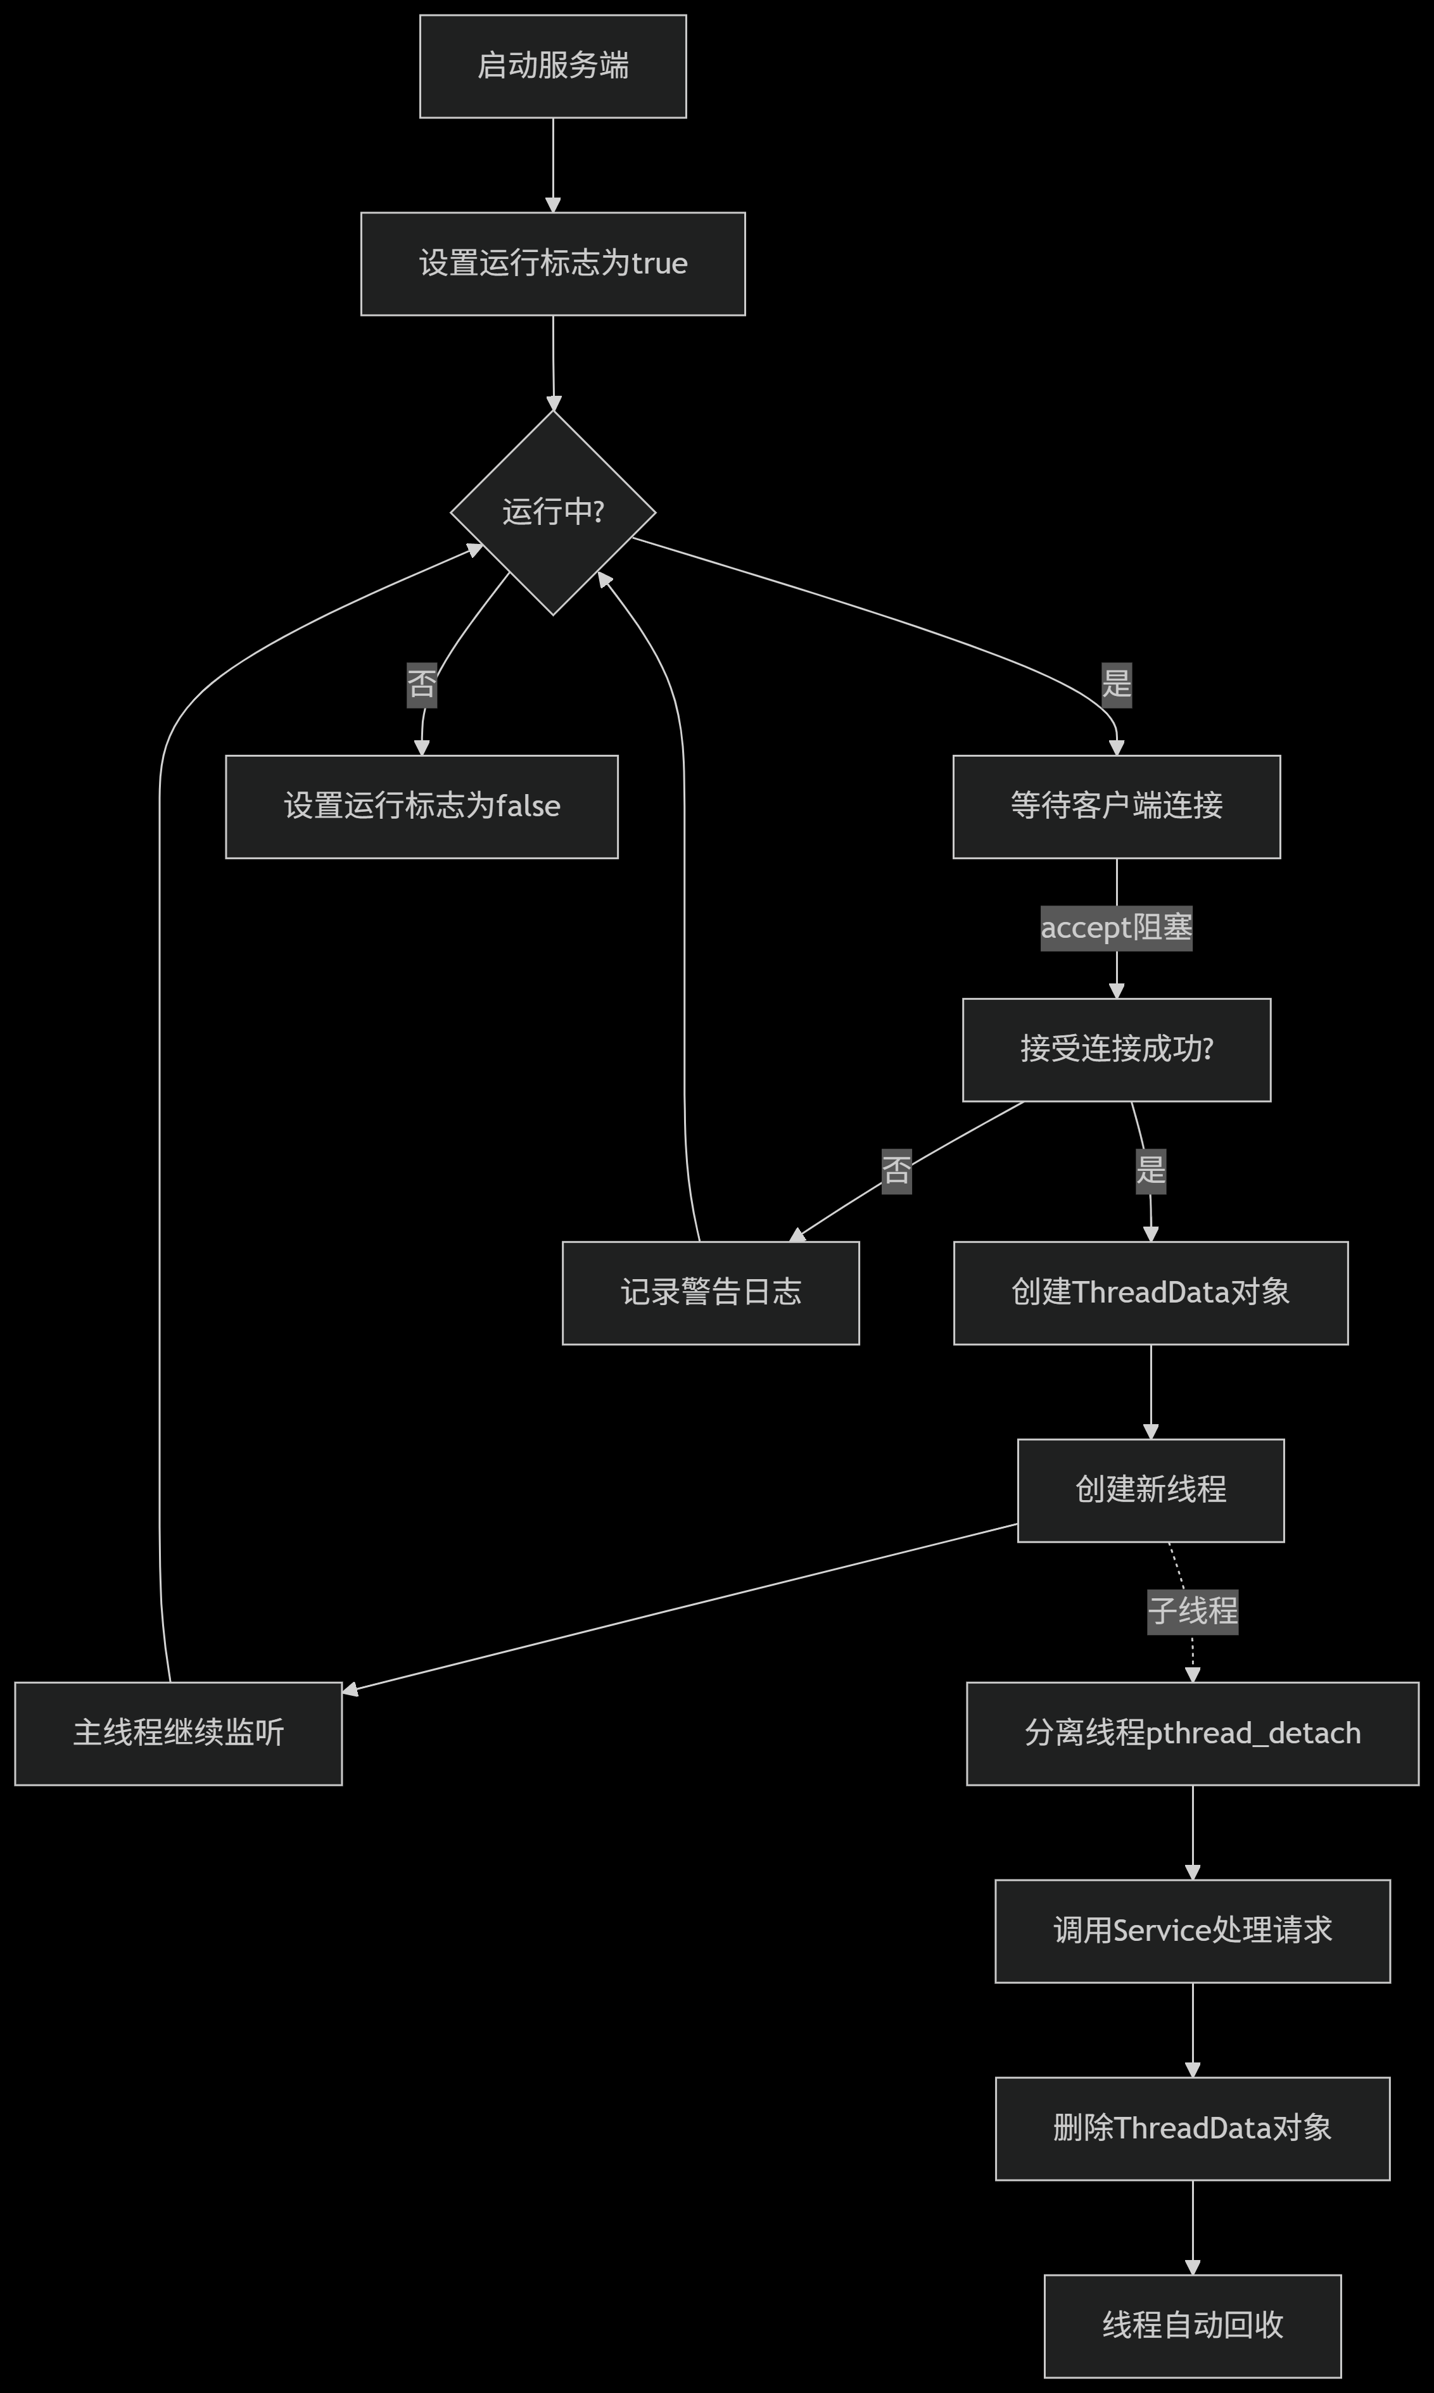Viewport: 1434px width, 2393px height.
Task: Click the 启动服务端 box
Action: (553, 66)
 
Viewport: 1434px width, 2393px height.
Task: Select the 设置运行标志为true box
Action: (553, 263)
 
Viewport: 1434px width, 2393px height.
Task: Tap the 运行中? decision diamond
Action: (553, 512)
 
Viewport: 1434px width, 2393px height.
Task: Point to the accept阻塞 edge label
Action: (1116, 928)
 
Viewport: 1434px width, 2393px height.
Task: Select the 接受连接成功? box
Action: (1116, 1049)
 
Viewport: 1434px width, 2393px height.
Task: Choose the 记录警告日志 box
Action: (710, 1292)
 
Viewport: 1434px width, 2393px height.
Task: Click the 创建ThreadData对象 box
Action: (1150, 1292)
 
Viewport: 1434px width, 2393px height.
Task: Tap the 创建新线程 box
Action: (1150, 1490)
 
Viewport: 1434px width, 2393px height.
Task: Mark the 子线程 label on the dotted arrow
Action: (1193, 1610)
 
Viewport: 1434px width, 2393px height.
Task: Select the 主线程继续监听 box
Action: (178, 1733)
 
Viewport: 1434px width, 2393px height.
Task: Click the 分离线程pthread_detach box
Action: (1193, 1733)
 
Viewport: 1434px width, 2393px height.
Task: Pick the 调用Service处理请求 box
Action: (1193, 1930)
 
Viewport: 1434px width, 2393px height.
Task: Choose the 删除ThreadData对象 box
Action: (1193, 2127)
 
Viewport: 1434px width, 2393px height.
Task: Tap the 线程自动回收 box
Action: (1193, 2325)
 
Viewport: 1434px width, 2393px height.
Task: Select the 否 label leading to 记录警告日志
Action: (896, 1171)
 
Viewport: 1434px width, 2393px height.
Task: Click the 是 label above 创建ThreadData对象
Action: (1150, 1171)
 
